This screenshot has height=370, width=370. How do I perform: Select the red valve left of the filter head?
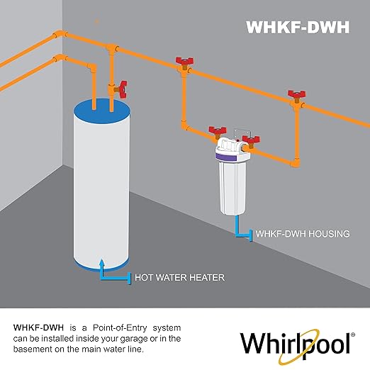point(217,132)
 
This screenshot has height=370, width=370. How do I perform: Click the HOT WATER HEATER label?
point(180,277)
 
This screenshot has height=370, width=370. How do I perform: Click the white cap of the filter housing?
point(232,150)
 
